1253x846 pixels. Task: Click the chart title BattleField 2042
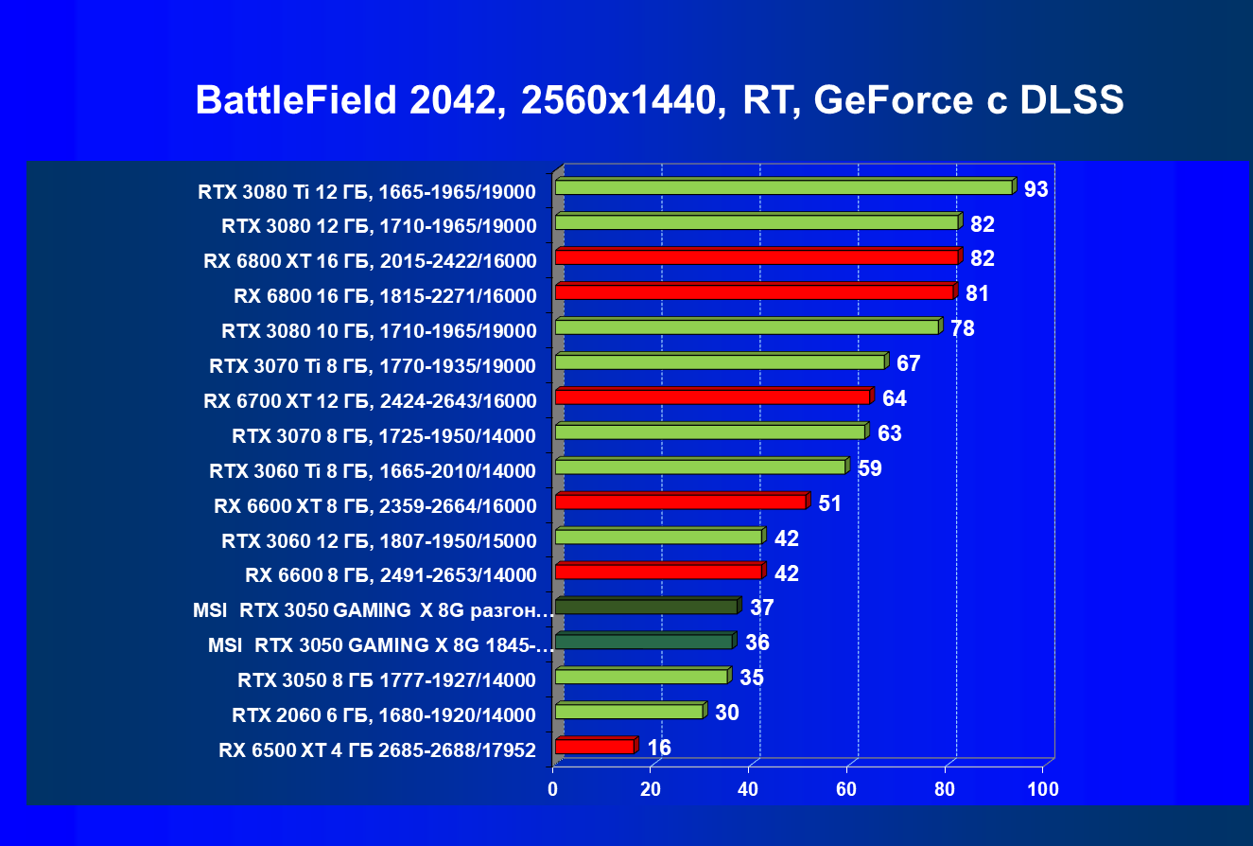point(659,100)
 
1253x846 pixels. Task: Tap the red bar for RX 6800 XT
point(756,257)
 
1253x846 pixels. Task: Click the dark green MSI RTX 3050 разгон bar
point(645,607)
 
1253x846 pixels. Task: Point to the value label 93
point(1035,189)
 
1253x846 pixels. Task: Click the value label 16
point(659,749)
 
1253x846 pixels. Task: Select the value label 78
point(963,328)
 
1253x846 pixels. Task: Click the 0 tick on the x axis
point(554,788)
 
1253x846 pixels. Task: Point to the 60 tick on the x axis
point(847,788)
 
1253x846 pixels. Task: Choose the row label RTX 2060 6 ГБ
point(384,714)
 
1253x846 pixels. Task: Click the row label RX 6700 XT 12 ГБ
point(370,400)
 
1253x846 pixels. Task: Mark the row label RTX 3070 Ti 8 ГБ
point(373,365)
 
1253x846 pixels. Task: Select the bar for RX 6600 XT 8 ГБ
point(680,502)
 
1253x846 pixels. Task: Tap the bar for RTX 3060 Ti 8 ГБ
point(700,467)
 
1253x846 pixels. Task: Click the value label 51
point(830,502)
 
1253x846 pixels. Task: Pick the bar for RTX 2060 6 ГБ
point(629,712)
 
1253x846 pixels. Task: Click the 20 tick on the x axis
point(652,788)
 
